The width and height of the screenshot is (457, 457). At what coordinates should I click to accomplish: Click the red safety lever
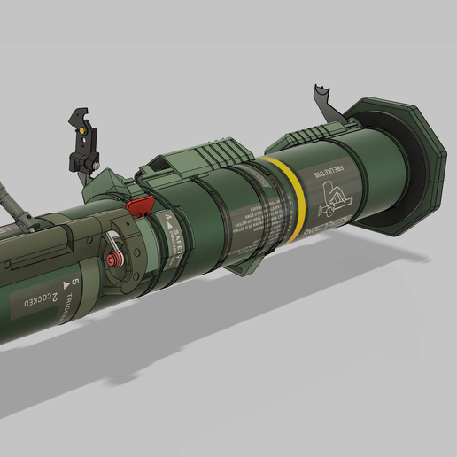[137, 206]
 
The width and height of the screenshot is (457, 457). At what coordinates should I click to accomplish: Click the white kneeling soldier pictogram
[332, 199]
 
